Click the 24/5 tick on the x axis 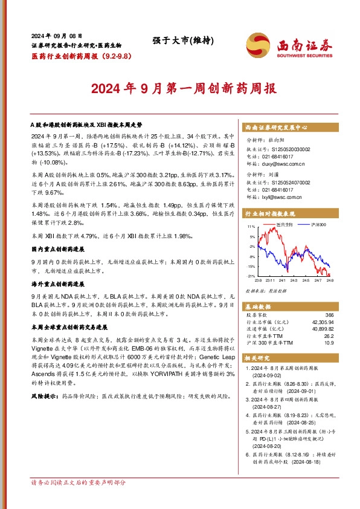pos(305,280)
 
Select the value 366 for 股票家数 pos(329,315)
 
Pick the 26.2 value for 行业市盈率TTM pos(329,336)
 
